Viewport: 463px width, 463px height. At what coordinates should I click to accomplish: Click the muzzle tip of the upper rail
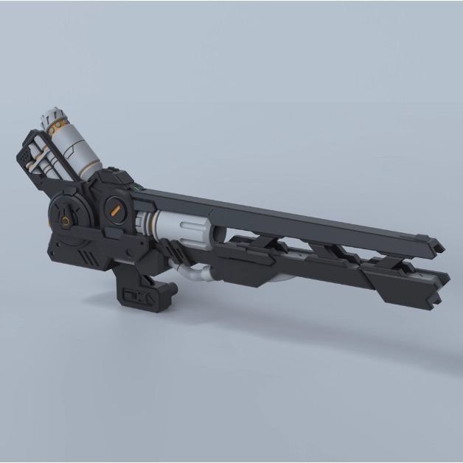(439, 243)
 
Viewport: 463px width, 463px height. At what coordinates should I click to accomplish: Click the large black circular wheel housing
(70, 217)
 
